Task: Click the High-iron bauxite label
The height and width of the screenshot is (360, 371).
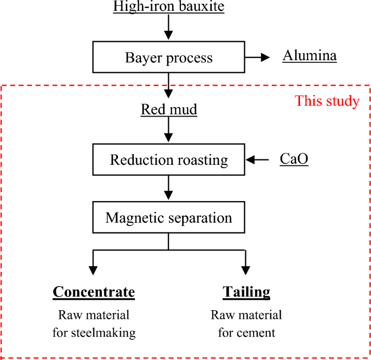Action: (x=168, y=7)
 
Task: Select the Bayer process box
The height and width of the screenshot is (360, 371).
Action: (x=168, y=57)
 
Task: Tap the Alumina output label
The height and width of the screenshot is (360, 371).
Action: (x=309, y=56)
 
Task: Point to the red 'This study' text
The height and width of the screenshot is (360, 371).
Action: (x=327, y=101)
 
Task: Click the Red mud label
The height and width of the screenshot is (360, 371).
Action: (x=169, y=110)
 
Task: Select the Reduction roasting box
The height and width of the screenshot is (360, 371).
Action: (x=168, y=160)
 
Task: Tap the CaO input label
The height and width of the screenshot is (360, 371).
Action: (x=294, y=159)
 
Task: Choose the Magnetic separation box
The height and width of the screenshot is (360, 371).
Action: (x=168, y=218)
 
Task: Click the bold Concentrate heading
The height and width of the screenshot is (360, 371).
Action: (x=94, y=292)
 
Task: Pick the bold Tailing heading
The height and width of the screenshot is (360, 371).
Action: (x=246, y=292)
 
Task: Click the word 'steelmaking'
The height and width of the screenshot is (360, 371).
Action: (x=103, y=333)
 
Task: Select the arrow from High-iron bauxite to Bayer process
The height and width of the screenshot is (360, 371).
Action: (x=169, y=27)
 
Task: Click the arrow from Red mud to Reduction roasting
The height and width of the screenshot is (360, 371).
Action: (x=169, y=131)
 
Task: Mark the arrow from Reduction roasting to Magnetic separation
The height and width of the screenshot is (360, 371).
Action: (x=169, y=189)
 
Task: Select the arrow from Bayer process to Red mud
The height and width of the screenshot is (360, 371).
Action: (x=169, y=84)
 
